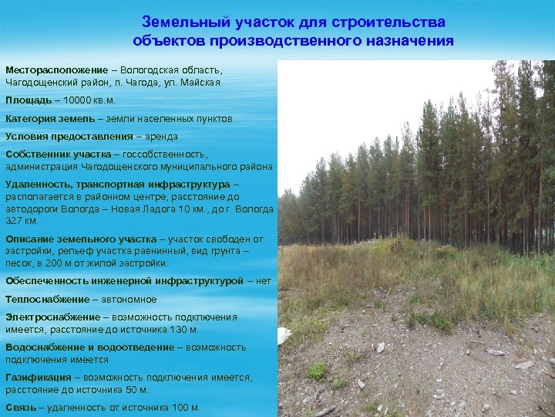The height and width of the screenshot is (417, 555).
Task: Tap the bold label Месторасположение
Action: [x=56, y=69]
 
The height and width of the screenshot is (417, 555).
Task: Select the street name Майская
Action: [x=202, y=82]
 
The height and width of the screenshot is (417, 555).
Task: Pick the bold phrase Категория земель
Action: [x=50, y=118]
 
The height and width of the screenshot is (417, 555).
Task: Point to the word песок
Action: [x=18, y=263]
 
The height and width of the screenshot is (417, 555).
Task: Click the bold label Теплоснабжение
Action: [x=47, y=299]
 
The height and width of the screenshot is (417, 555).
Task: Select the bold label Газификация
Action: [x=38, y=378]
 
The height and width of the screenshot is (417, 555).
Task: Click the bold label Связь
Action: [x=20, y=408]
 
